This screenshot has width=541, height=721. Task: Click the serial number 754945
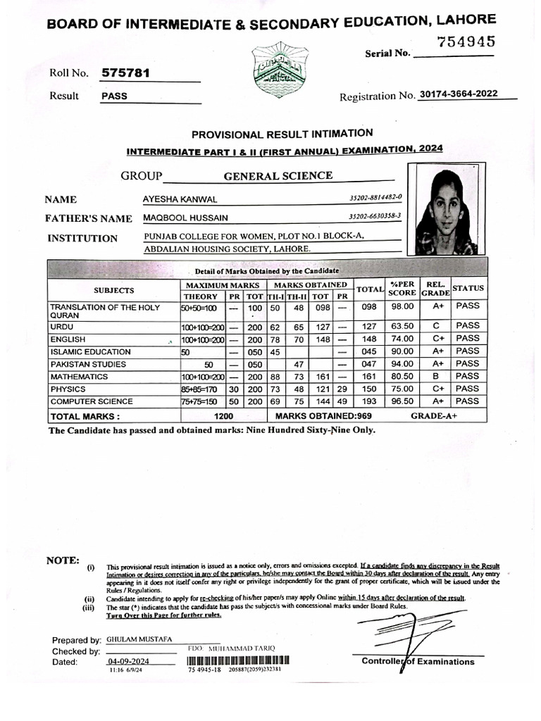click(x=466, y=42)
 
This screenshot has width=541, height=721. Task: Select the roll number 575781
click(x=125, y=73)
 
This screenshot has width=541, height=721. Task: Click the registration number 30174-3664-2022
click(x=462, y=94)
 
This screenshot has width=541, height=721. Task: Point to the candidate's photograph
click(x=446, y=209)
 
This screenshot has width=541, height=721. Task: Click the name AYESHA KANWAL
click(x=180, y=200)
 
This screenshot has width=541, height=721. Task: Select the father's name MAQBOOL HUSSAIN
click(x=185, y=219)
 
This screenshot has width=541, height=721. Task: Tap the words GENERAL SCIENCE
click(x=278, y=176)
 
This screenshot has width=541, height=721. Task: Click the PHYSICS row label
click(x=68, y=389)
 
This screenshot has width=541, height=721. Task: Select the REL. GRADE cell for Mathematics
click(x=437, y=377)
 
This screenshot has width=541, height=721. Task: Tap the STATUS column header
click(x=468, y=289)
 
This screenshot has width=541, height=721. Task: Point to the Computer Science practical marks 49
click(x=342, y=401)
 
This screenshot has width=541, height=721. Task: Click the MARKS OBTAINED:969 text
click(x=323, y=416)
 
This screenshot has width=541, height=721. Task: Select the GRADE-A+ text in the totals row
click(x=434, y=416)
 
